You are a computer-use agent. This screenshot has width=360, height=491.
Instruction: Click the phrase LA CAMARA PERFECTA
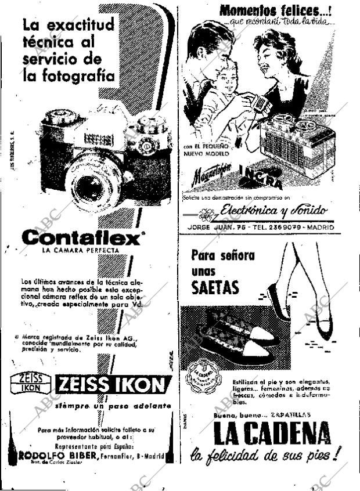[80, 251]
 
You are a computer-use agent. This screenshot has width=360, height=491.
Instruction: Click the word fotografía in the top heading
[69, 75]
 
